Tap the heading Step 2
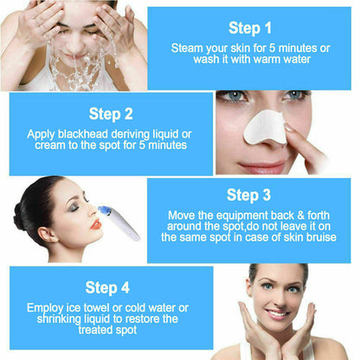tap(111, 112)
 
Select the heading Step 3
tap(248, 196)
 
